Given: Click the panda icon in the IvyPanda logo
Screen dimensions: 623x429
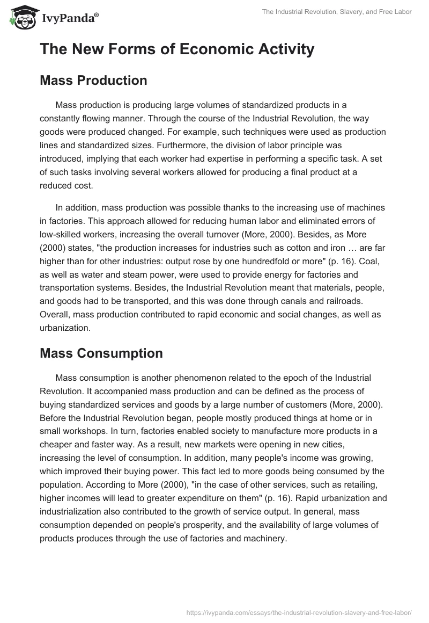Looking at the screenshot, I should (x=20, y=17).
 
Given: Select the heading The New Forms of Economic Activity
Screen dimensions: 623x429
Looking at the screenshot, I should (x=177, y=50).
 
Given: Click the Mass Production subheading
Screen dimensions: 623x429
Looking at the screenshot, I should (x=93, y=81).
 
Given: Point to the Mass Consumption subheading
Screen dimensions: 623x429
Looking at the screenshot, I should (x=101, y=353).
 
